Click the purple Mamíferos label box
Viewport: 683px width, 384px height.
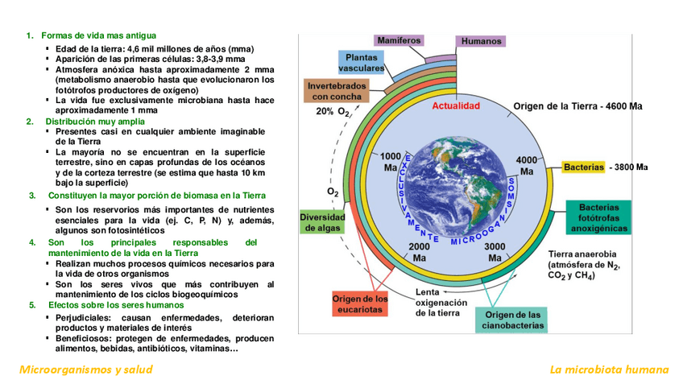(399, 40)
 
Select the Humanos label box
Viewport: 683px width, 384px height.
(481, 41)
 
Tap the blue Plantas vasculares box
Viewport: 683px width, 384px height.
(360, 63)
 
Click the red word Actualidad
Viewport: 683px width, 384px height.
(455, 106)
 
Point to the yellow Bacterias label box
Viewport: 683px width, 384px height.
(583, 167)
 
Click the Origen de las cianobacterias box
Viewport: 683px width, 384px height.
(512, 320)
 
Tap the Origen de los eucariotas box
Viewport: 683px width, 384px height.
(360, 304)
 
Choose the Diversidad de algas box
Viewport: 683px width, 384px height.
(322, 222)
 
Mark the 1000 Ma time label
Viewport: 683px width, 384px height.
(391, 162)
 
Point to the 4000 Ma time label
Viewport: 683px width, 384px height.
(527, 165)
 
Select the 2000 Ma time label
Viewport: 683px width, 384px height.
(420, 252)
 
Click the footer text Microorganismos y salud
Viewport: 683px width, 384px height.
(86, 370)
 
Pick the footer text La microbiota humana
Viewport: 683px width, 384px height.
(609, 370)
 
